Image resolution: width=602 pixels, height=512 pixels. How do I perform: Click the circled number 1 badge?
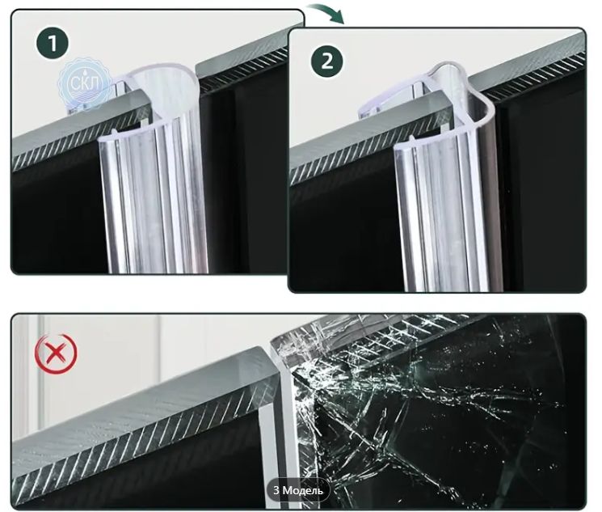pos(53,43)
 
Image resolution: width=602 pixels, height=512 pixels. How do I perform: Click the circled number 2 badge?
pos(327,61)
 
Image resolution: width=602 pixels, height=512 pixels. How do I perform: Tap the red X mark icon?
pos(56,353)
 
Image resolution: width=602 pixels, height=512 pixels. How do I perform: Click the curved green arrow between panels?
pos(327,12)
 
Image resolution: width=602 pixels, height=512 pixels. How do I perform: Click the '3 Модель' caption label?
pos(298,490)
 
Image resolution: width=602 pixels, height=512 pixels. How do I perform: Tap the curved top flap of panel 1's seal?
pos(162,83)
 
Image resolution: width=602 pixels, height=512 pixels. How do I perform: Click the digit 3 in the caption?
pos(276,490)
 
